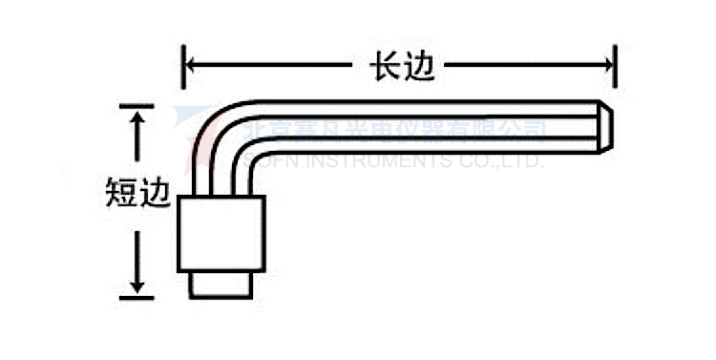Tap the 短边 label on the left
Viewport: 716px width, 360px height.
pyautogui.click(x=137, y=195)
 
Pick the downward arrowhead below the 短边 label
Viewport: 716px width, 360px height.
pyautogui.click(x=139, y=284)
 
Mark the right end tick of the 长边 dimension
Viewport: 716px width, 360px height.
pyautogui.click(x=615, y=65)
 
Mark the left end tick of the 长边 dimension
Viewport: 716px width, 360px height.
pyautogui.click(x=183, y=65)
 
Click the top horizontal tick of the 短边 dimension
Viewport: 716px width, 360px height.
pyautogui.click(x=139, y=105)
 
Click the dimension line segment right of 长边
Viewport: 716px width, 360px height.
pyautogui.click(x=525, y=65)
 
